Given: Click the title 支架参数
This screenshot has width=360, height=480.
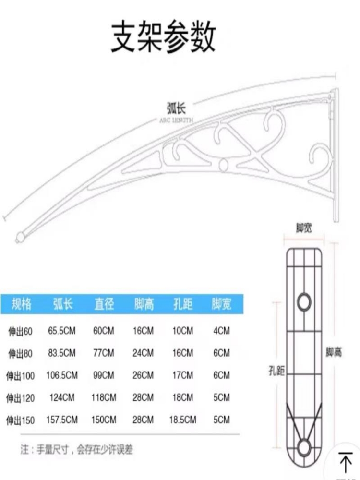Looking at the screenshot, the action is (x=163, y=37).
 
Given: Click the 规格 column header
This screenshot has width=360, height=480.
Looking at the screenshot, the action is (x=22, y=304).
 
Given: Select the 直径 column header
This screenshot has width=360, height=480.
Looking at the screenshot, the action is (x=104, y=304).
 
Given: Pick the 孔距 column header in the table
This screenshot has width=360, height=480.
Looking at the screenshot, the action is (x=182, y=304).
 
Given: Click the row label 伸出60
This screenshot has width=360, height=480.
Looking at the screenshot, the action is (x=20, y=331).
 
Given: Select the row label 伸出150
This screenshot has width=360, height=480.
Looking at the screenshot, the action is (x=21, y=420).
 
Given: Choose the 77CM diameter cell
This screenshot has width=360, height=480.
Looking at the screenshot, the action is (x=104, y=353).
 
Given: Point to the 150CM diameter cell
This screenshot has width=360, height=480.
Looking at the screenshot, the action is (x=104, y=420).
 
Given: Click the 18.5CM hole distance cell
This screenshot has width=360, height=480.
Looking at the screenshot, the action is (x=182, y=420).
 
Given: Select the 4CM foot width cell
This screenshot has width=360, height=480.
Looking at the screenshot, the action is (x=222, y=331).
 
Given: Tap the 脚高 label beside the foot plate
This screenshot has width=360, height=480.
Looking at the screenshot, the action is (x=334, y=352).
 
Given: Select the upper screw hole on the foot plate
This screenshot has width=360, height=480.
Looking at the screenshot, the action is (x=304, y=301).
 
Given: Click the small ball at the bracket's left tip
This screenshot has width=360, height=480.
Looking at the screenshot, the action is (x=20, y=237).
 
